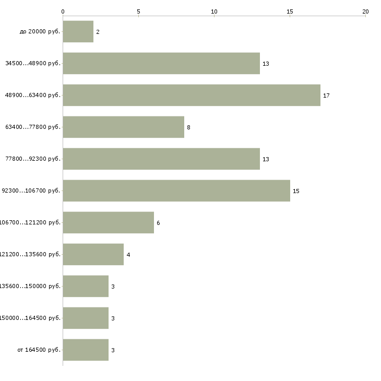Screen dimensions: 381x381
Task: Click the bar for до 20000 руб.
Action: tap(78, 32)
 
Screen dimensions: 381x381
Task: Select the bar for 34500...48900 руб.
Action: tap(161, 64)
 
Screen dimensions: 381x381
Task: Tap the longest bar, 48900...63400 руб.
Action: tap(192, 96)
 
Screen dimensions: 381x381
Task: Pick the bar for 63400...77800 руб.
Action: tap(123, 127)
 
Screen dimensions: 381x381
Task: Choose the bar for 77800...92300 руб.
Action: tap(161, 159)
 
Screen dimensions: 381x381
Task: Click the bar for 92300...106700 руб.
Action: tap(176, 191)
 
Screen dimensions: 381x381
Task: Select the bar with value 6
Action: tap(108, 223)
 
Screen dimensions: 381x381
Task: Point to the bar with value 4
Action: tap(93, 255)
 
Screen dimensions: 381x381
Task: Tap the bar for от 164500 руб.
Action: tap(86, 350)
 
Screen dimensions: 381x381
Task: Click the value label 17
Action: tap(326, 96)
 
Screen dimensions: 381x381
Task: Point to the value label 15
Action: tap(296, 192)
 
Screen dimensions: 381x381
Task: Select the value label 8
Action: tap(188, 128)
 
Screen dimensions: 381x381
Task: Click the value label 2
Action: tap(98, 32)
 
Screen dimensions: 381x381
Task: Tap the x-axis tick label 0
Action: tap(63, 11)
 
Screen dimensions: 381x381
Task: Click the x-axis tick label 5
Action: tap(138, 11)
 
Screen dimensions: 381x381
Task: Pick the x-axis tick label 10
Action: tap(214, 11)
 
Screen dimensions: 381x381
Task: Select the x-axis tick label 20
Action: tap(365, 11)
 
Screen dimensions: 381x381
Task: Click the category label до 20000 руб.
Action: tap(40, 32)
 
